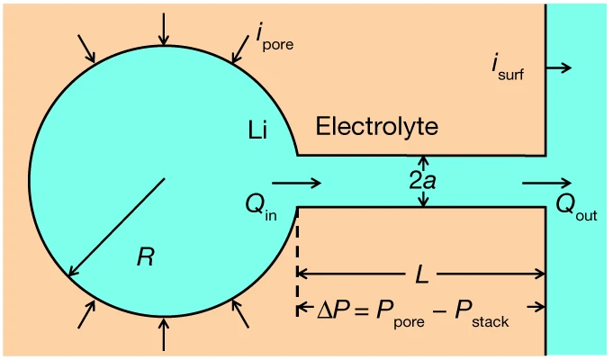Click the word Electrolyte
pos(377,127)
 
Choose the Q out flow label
pos(576,208)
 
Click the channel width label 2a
pos(423,181)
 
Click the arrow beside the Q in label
pos(296,184)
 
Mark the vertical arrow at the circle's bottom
pos(163,334)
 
